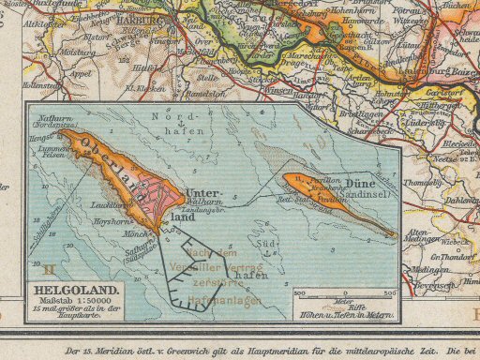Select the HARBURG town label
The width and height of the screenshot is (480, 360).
(x=144, y=15)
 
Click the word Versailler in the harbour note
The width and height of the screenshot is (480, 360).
(x=215, y=266)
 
